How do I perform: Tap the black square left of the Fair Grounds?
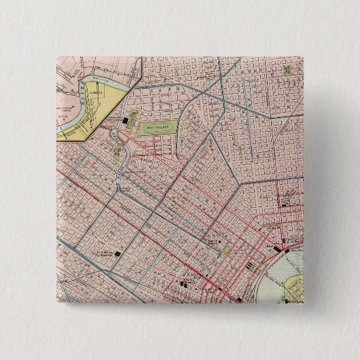[x=128, y=122]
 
